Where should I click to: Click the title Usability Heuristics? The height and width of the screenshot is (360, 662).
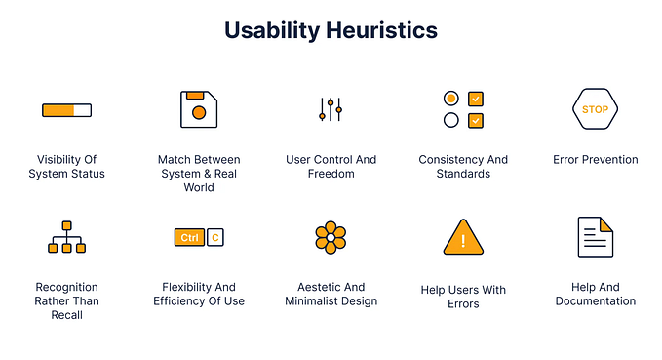[x=331, y=30]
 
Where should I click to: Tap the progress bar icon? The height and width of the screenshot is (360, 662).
[x=66, y=109]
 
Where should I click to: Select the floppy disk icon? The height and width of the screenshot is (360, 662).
[x=198, y=109]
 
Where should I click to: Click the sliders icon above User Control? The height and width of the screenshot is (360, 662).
[x=331, y=109]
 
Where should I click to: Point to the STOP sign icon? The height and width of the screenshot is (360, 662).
[x=595, y=109]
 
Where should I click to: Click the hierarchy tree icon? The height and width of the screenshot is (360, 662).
[x=66, y=237]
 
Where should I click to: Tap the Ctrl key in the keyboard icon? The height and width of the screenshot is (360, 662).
[x=188, y=237]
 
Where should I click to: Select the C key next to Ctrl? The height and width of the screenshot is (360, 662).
[x=215, y=237]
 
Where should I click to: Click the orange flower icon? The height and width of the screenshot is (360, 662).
[x=331, y=237]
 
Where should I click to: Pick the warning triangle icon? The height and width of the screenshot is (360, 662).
[x=463, y=237]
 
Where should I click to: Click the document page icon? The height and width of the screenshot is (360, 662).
[x=595, y=237]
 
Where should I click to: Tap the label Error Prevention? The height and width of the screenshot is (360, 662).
[x=595, y=160]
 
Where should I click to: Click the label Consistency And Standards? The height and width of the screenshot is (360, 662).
[x=463, y=167]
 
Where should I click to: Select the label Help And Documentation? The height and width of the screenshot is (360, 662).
[x=595, y=294]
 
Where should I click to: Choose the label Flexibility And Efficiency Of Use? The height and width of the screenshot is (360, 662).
[x=199, y=294]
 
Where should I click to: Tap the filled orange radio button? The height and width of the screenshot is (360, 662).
[x=450, y=99]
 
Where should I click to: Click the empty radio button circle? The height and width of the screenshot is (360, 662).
[x=450, y=120]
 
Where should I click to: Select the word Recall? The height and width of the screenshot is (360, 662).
[x=67, y=315]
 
